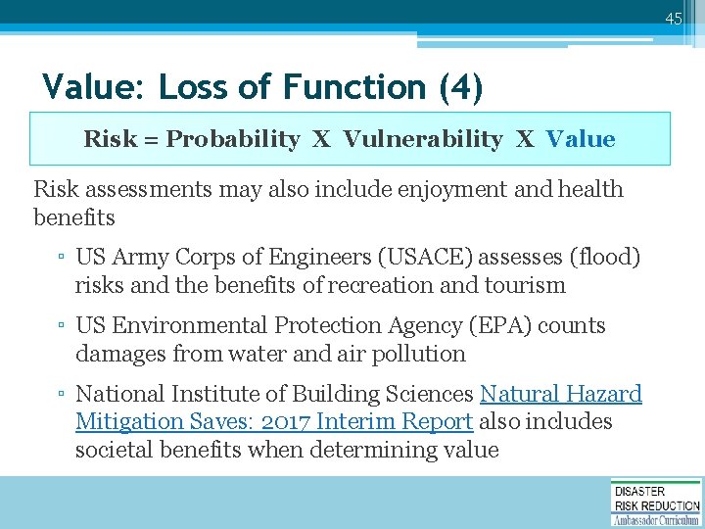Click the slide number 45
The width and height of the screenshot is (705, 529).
pos(672,19)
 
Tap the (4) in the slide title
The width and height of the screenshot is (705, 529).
pos(460,87)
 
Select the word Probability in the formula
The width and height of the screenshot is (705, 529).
pos(233,139)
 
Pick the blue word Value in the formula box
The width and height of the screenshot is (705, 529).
pos(581,139)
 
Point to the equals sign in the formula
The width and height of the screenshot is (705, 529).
pos(152,139)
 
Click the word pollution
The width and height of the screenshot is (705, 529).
pos(417,354)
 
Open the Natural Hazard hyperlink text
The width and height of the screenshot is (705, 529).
pos(560,394)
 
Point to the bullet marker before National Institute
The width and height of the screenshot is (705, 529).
pos(61,395)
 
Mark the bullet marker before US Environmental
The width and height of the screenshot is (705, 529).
pos(61,326)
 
